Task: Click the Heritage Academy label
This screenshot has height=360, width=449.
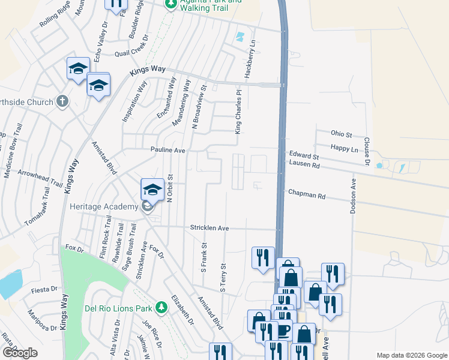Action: click(x=104, y=207)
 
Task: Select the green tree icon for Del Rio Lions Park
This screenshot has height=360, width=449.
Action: click(x=161, y=308)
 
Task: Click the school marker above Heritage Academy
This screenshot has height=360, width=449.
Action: click(x=152, y=190)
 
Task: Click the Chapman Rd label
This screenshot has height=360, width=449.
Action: click(x=306, y=195)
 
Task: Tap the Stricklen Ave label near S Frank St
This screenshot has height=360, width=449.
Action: click(x=210, y=228)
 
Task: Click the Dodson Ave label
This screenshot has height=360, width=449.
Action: click(x=353, y=196)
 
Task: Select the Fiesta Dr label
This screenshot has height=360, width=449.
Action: click(x=43, y=291)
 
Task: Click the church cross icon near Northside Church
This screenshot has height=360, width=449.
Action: click(x=62, y=101)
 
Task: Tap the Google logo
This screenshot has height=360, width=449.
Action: click(x=20, y=353)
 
